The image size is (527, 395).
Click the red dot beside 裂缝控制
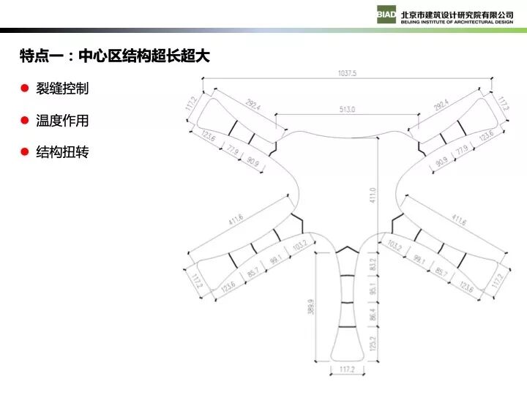click(24, 89)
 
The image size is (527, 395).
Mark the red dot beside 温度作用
click(24, 120)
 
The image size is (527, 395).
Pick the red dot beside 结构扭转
click(24, 152)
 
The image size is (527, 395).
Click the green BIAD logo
click(386, 15)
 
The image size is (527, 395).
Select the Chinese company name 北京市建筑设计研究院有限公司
click(457, 12)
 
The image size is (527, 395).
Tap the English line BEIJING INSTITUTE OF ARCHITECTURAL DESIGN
click(457, 22)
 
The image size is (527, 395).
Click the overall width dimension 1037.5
click(347, 73)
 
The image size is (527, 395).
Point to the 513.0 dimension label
click(347, 110)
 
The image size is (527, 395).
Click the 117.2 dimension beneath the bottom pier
click(347, 370)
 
